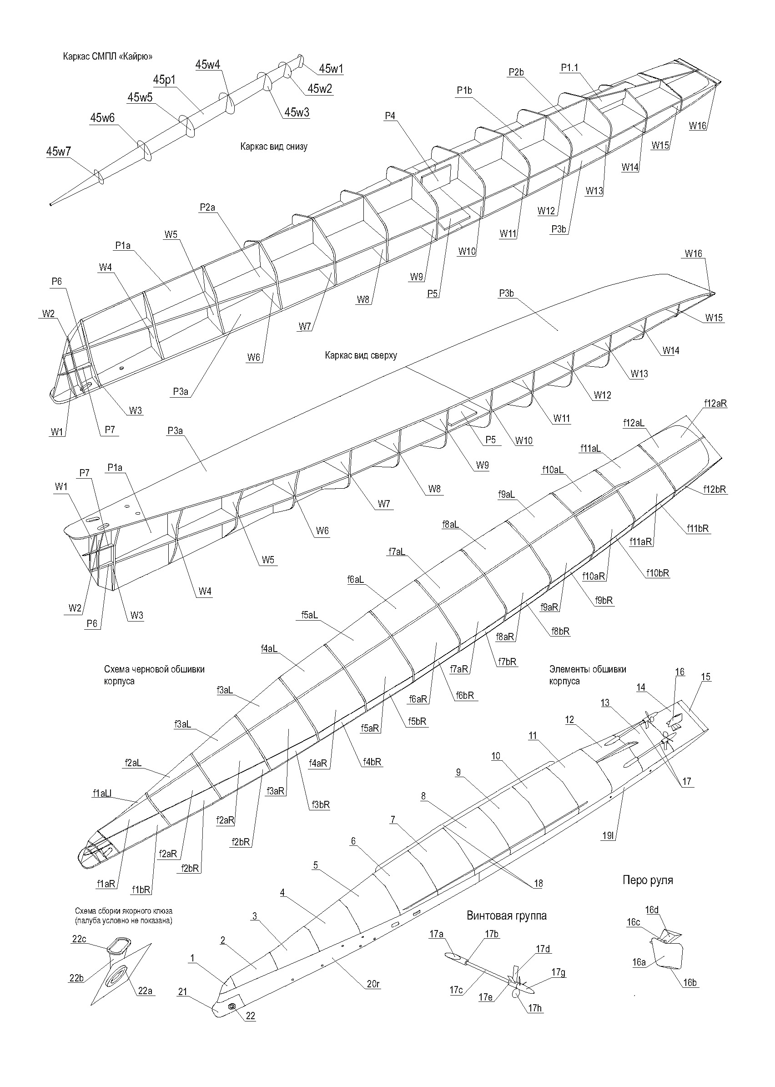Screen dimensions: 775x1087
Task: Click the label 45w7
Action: point(58,152)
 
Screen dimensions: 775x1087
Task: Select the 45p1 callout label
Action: point(165,80)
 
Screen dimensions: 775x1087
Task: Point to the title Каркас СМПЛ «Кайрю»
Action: point(108,56)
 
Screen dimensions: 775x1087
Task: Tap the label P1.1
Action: point(569,68)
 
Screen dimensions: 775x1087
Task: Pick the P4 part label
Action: point(390,116)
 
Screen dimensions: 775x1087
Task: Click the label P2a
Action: point(207,207)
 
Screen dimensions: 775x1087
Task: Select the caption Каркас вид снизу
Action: point(274,147)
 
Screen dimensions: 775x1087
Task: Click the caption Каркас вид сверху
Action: point(361,355)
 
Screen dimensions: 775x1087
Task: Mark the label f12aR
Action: point(715,404)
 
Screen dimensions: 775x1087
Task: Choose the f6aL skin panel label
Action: point(356,580)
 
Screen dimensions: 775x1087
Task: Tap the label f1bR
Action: point(141,890)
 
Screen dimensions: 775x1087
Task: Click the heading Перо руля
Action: point(648,880)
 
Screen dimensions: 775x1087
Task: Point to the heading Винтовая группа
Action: point(507,915)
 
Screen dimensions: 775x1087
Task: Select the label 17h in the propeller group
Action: point(535,1008)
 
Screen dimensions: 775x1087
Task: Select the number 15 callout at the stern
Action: point(706,677)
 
